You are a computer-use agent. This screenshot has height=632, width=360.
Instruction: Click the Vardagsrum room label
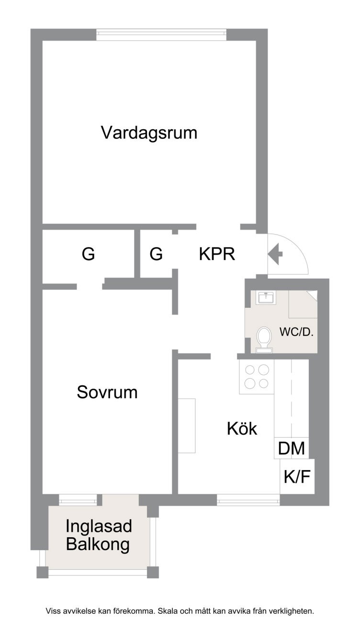click(x=149, y=133)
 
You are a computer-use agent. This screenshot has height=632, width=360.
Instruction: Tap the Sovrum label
click(x=107, y=392)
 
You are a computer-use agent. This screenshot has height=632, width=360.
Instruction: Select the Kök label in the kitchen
click(x=242, y=429)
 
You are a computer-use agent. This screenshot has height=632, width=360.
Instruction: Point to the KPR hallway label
click(x=217, y=254)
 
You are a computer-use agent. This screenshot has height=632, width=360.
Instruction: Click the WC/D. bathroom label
click(x=296, y=332)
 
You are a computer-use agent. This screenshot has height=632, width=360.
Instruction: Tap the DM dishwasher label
click(x=292, y=448)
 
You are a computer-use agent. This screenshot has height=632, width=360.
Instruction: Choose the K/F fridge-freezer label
click(x=297, y=476)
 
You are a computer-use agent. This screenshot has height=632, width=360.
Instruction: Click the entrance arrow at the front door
click(x=275, y=254)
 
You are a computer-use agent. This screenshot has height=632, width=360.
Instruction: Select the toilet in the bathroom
click(x=264, y=340)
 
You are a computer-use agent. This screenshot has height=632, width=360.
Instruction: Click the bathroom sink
click(x=266, y=298)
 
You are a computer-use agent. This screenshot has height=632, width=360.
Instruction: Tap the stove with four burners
click(x=257, y=377)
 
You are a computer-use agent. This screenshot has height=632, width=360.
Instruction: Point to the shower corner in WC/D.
click(x=303, y=304)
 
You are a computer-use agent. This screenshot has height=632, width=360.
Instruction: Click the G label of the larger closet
click(x=88, y=254)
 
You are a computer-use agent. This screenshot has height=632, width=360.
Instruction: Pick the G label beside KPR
click(x=156, y=254)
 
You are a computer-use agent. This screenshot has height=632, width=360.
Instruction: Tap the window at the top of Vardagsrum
click(x=161, y=35)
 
